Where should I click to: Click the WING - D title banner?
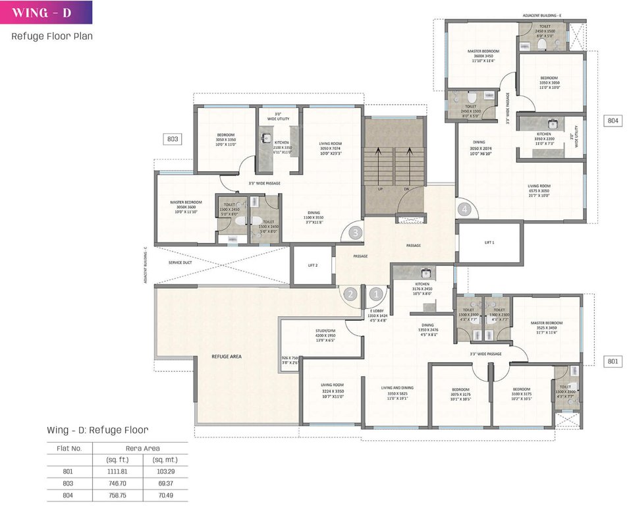tap(46, 13)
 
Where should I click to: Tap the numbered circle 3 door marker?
tap(356, 233)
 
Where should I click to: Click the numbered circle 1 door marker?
tap(376, 294)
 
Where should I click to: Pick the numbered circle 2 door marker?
tap(352, 294)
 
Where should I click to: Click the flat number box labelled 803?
tap(173, 139)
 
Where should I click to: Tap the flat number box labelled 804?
tap(613, 121)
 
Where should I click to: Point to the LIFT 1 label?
tap(489, 243)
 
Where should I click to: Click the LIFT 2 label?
tap(313, 265)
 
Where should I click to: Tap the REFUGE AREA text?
tap(226, 356)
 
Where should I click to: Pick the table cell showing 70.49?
tap(161, 495)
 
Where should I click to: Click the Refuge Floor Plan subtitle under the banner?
tap(52, 36)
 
